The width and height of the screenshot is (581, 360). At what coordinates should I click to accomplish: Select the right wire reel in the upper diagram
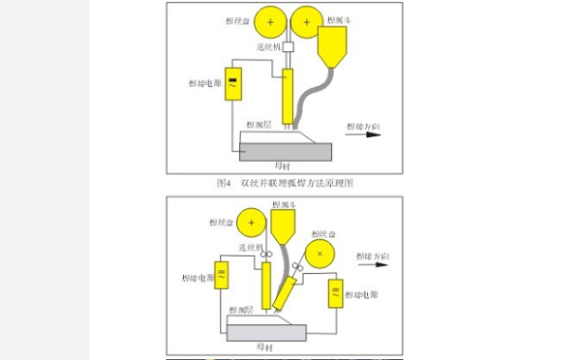(x=307, y=20)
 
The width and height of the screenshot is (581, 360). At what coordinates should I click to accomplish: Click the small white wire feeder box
(x=288, y=45)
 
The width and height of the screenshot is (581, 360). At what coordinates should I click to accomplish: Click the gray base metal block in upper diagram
(x=284, y=151)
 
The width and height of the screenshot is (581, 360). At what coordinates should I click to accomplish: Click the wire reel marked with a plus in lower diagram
(x=251, y=224)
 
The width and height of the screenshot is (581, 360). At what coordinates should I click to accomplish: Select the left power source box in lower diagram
(x=221, y=277)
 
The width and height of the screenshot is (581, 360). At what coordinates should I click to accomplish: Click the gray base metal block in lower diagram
(x=266, y=332)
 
